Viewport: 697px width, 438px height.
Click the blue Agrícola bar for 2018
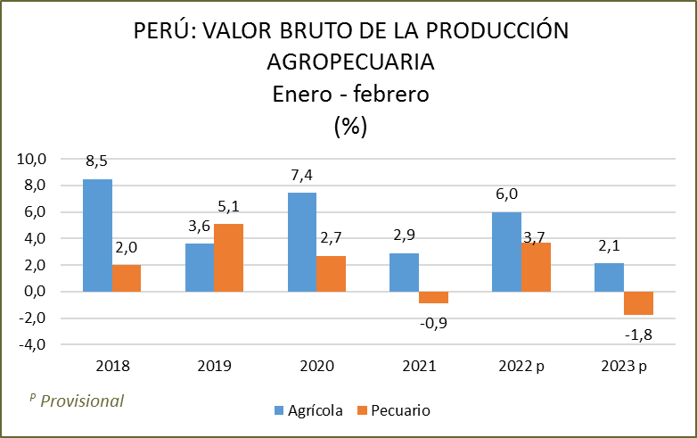tap(97, 236)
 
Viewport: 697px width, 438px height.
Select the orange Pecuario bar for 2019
tap(228, 258)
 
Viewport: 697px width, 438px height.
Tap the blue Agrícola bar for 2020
tap(302, 243)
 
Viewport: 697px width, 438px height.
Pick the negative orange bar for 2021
tap(433, 298)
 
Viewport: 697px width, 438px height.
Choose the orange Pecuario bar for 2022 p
tap(536, 268)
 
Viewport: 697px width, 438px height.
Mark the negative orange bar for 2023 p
tap(638, 303)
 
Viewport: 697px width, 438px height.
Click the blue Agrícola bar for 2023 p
tap(610, 277)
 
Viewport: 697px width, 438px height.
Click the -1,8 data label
tap(639, 335)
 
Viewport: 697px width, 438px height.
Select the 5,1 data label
tap(228, 208)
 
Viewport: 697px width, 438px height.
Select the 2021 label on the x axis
tap(419, 366)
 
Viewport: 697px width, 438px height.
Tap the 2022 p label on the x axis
tap(521, 366)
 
